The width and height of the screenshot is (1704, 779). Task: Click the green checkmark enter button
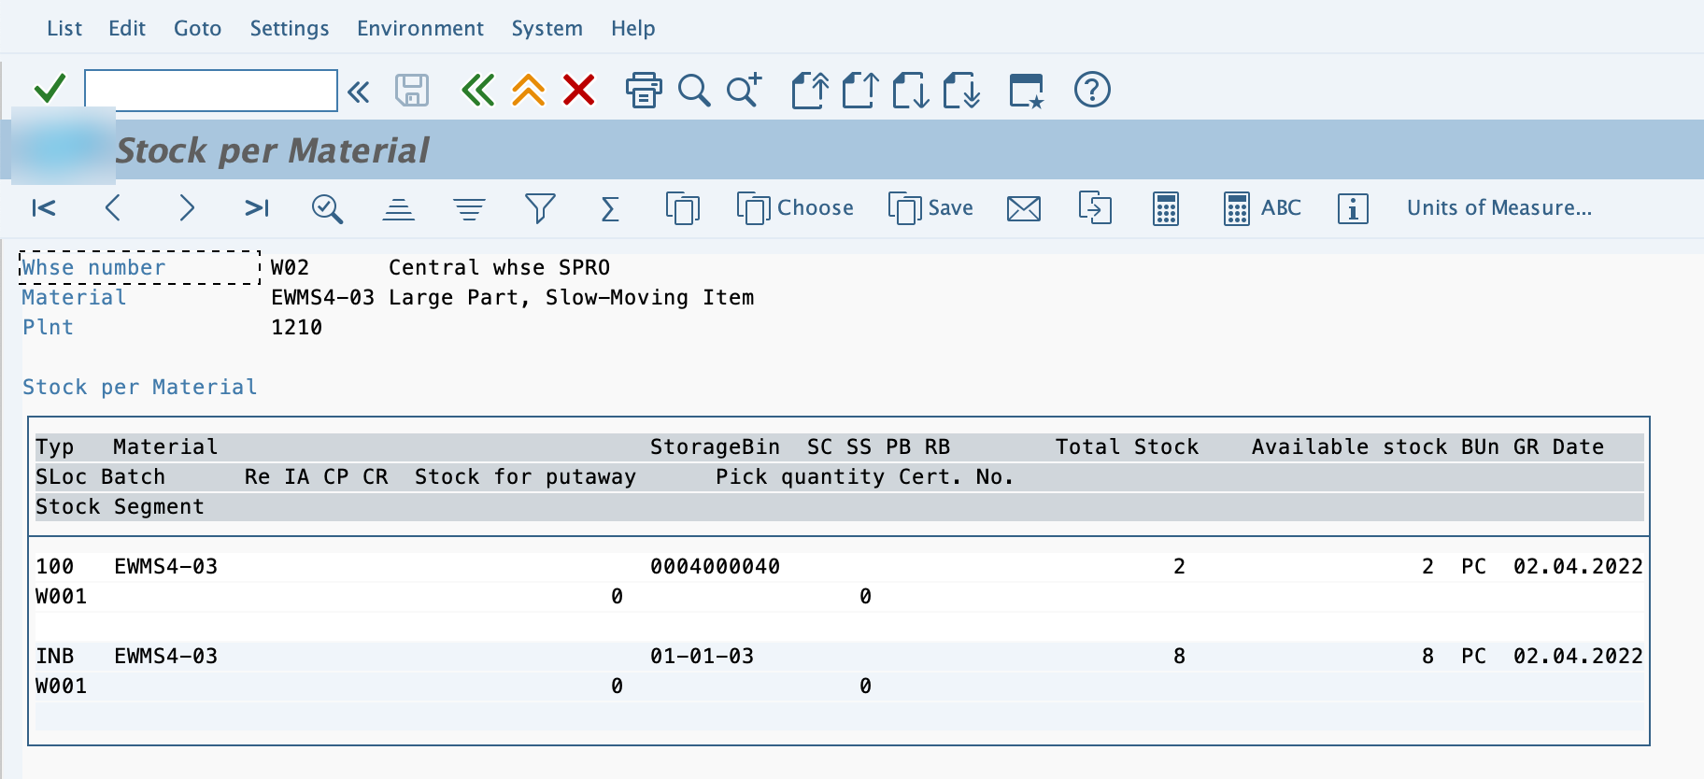point(50,89)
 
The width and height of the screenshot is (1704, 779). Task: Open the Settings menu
point(290,29)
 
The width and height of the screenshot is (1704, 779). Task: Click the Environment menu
point(420,29)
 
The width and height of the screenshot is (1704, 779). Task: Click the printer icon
point(644,90)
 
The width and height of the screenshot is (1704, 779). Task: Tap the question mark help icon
point(1092,90)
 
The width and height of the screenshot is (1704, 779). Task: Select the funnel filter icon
point(540,208)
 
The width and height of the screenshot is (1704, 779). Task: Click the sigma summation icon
point(610,208)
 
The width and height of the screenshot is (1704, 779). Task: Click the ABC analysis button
point(1262,208)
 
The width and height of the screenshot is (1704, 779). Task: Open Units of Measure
point(1499,207)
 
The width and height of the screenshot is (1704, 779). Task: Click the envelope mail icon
point(1024,208)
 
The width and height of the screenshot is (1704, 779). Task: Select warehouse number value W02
point(290,267)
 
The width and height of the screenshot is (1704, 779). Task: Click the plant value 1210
point(296,327)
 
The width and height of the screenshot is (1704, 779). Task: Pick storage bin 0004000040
point(715,566)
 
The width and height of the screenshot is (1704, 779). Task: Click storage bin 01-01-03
point(702,656)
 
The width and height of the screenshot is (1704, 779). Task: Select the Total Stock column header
point(1127,446)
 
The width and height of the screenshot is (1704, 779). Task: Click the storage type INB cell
point(55,656)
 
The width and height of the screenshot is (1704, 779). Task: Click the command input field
point(211,91)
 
